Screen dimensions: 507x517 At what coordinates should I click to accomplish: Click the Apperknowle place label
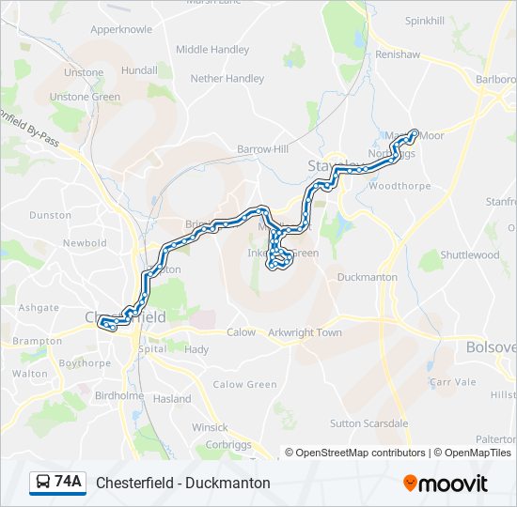(x=120, y=29)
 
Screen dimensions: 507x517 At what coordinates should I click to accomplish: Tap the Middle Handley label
(x=212, y=50)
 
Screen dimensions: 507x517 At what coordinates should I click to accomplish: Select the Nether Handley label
(x=227, y=79)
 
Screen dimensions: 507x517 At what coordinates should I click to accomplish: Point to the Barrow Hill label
(x=262, y=149)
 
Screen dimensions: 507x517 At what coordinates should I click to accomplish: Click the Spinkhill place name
(x=425, y=21)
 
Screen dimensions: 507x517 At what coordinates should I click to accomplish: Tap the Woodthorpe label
(x=399, y=186)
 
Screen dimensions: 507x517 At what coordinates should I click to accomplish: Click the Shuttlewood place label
(x=470, y=255)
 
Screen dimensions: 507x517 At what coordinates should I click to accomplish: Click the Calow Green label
(x=244, y=384)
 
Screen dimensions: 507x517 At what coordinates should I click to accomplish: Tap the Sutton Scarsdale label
(x=368, y=423)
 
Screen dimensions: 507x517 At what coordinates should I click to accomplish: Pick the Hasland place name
(x=172, y=399)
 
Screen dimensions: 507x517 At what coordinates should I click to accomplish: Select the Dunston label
(x=50, y=215)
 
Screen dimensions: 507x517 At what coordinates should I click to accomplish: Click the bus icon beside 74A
(x=43, y=483)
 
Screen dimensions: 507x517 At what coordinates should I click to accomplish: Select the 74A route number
(x=68, y=483)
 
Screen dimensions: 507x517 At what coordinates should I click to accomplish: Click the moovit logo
(x=446, y=484)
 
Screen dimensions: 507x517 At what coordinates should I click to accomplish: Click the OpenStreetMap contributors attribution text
(x=360, y=453)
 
